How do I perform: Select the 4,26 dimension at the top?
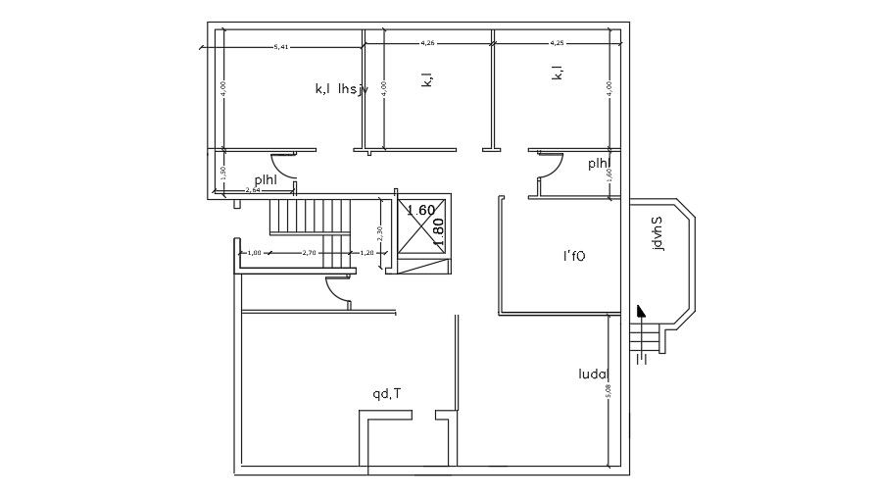click(427, 43)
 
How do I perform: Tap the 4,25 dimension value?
click(558, 43)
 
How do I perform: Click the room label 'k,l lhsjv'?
click(340, 89)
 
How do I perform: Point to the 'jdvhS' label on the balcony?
click(658, 233)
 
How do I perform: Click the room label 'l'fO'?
click(573, 257)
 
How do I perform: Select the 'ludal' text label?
click(594, 374)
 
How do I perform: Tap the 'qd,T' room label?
click(386, 394)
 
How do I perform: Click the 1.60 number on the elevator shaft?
click(420, 210)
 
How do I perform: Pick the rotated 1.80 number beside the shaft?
click(439, 230)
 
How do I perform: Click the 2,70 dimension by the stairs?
click(309, 253)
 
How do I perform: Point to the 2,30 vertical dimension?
click(379, 236)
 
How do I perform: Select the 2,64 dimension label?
click(252, 190)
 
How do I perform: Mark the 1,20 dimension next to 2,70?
click(367, 253)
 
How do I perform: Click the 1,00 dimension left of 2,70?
click(254, 253)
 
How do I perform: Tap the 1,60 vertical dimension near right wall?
click(609, 174)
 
